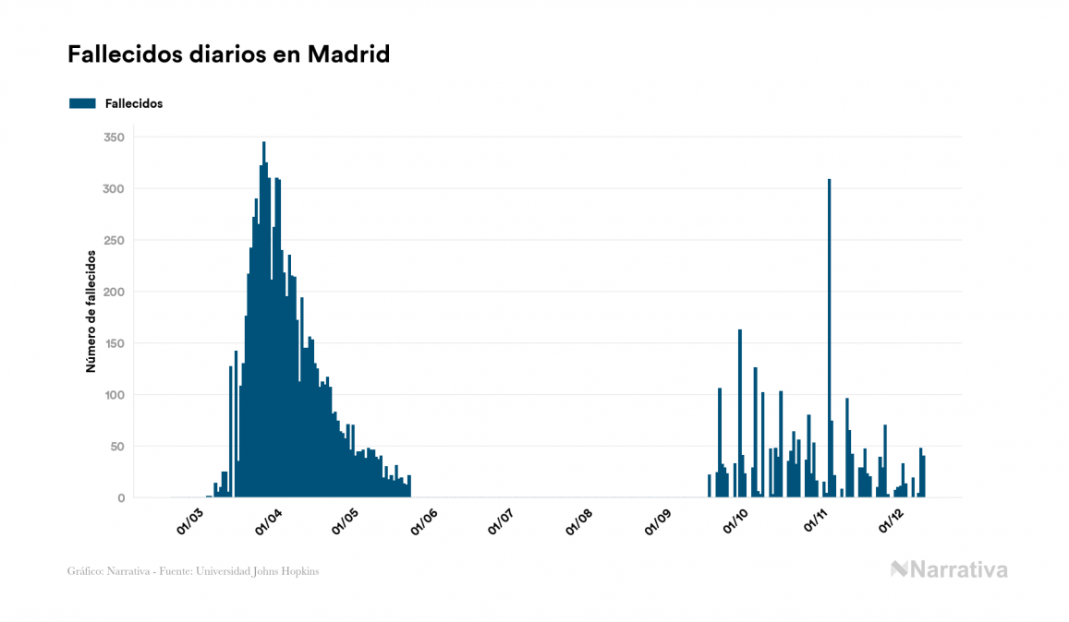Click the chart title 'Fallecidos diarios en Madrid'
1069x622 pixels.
click(228, 54)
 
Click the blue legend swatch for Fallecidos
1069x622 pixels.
click(82, 103)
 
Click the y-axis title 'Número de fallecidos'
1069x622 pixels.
click(91, 310)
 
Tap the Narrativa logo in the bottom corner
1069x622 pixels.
click(949, 569)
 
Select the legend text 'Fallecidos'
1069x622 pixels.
click(134, 103)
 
